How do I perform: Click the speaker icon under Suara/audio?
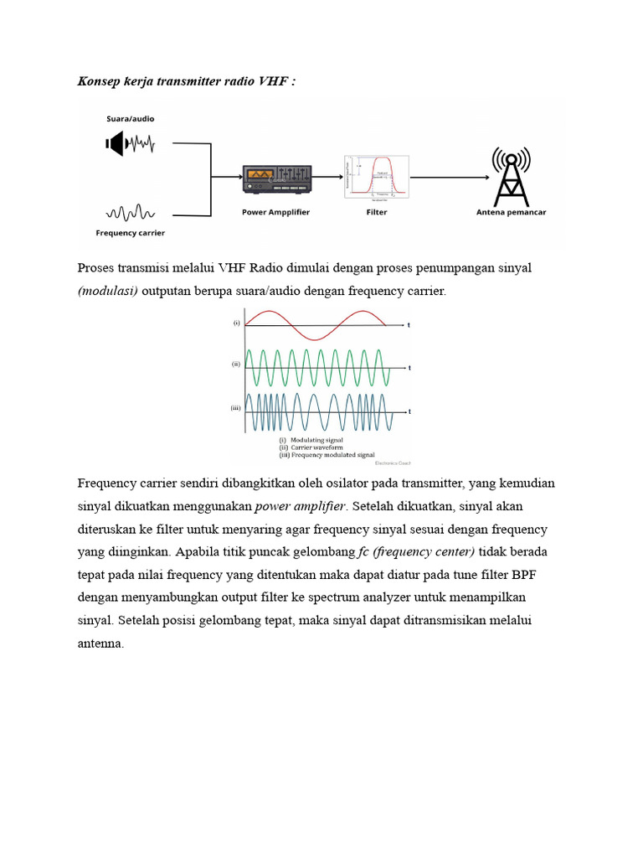pos(115,143)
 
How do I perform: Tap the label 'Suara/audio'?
pos(130,119)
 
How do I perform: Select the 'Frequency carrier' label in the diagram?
pos(130,233)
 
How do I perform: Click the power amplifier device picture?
pos(277,178)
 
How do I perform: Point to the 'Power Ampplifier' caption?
pos(275,212)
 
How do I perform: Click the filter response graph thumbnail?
pos(376,177)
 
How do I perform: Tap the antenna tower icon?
pos(511,178)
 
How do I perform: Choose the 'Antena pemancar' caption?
pos(511,212)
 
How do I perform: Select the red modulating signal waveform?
pos(314,324)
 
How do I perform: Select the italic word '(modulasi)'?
pos(107,291)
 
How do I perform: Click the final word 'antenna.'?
pos(100,643)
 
